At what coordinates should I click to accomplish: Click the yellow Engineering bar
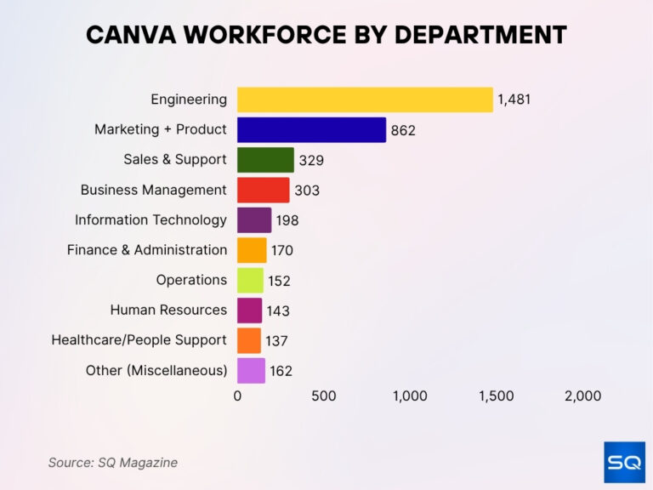tap(365, 100)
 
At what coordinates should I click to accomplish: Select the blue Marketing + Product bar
tap(311, 130)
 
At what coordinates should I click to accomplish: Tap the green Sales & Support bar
tap(265, 160)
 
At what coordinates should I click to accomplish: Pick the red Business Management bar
tap(263, 190)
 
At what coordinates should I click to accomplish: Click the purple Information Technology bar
tap(254, 220)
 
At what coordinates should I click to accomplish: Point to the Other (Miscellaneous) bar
tap(251, 371)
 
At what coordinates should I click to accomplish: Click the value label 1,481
tap(514, 100)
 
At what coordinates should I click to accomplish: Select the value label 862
tap(403, 131)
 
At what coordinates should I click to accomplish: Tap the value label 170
tap(283, 251)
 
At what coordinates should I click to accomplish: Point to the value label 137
tap(276, 341)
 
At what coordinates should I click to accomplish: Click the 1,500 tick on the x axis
tap(497, 396)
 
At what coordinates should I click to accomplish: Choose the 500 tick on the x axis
tap(323, 396)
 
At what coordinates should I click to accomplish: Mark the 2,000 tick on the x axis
tap(582, 396)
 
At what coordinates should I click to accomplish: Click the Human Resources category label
tap(168, 310)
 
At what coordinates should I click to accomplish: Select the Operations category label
tap(191, 280)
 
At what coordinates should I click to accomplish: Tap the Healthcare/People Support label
tap(139, 340)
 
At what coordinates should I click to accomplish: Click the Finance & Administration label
tap(147, 250)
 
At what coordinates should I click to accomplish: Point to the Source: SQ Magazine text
tap(112, 463)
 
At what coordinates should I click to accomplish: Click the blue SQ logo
tap(624, 462)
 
